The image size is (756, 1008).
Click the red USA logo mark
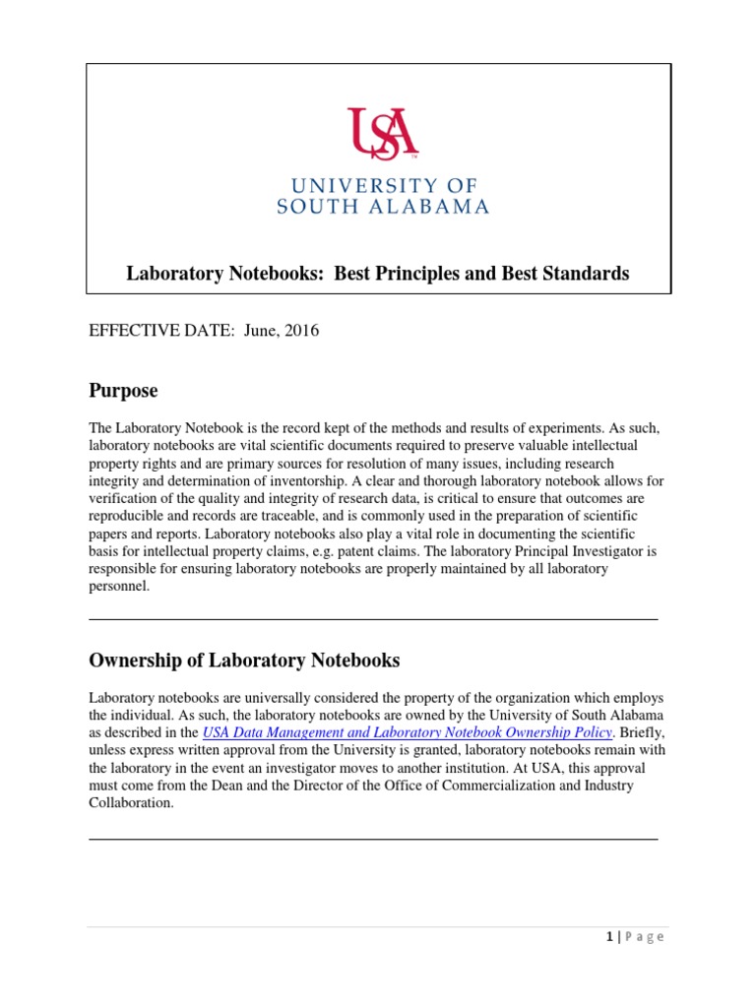click(x=382, y=133)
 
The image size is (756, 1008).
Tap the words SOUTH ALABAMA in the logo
click(x=382, y=207)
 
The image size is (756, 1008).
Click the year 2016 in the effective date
click(x=301, y=331)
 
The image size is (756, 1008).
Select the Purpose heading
click(x=123, y=391)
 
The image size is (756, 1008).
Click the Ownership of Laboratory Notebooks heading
click(x=244, y=660)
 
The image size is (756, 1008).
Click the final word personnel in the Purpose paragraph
click(x=118, y=587)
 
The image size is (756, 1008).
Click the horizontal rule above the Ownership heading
click(x=374, y=619)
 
